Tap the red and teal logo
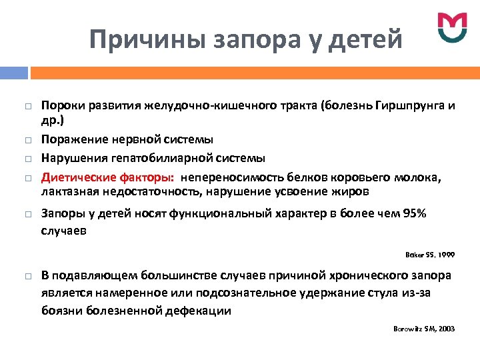point(453,27)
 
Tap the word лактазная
point(67,191)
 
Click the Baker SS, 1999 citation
point(430,254)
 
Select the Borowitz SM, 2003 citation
point(423,329)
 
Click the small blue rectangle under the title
point(15,73)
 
